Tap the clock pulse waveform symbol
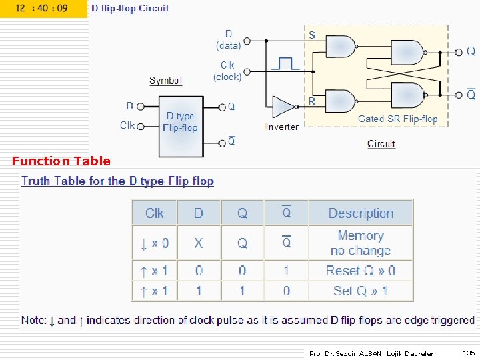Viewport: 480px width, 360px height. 285,63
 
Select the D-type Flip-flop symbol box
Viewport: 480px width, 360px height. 181,125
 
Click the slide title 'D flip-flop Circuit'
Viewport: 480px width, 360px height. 130,9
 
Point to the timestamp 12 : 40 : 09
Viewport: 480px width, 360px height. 41,9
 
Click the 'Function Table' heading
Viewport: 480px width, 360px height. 61,161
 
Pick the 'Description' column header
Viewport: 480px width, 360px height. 361,213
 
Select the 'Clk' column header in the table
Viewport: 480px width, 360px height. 155,213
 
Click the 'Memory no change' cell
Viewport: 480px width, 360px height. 361,243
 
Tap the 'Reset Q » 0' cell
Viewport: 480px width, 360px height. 361,271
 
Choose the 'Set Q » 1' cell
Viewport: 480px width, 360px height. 361,291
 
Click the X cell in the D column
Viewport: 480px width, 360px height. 199,243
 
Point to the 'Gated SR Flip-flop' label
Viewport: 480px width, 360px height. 398,119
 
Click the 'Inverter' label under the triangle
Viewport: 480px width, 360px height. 282,127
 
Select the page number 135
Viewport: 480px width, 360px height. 469,353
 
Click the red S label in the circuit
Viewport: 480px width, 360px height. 312,35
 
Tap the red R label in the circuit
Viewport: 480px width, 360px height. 312,101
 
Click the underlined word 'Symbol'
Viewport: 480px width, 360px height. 165,81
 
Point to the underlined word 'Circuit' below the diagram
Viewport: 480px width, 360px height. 381,144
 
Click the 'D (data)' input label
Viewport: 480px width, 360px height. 229,40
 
